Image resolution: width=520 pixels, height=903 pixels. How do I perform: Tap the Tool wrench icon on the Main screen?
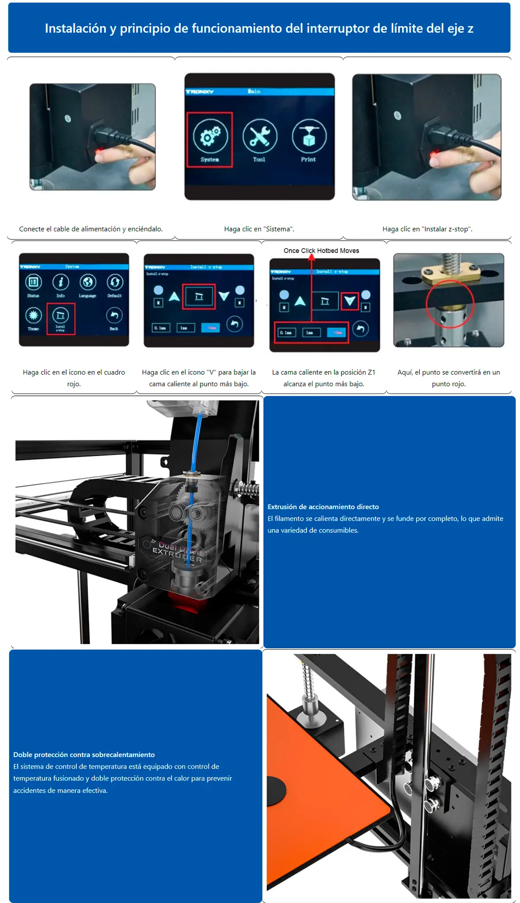[x=259, y=136]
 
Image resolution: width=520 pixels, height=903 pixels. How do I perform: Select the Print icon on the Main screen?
[x=309, y=136]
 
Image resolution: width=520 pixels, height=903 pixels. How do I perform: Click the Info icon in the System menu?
[x=61, y=282]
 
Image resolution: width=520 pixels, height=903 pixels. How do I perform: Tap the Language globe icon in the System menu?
[x=88, y=282]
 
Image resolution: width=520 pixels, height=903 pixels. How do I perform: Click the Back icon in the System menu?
[x=114, y=316]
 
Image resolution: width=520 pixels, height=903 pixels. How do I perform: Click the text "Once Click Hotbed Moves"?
[x=321, y=251]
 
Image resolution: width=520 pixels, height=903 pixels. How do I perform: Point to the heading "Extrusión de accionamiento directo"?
[x=323, y=507]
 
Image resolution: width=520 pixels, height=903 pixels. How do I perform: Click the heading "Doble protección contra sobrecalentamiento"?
[x=84, y=755]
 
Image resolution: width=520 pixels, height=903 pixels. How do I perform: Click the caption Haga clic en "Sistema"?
[x=259, y=229]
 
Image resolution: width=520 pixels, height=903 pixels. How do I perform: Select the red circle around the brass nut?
[x=450, y=304]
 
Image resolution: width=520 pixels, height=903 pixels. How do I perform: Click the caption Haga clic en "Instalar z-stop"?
[x=427, y=229]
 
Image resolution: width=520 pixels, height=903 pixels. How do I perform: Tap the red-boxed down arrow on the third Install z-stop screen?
[x=350, y=301]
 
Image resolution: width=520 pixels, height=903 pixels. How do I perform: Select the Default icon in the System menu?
[x=115, y=282]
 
